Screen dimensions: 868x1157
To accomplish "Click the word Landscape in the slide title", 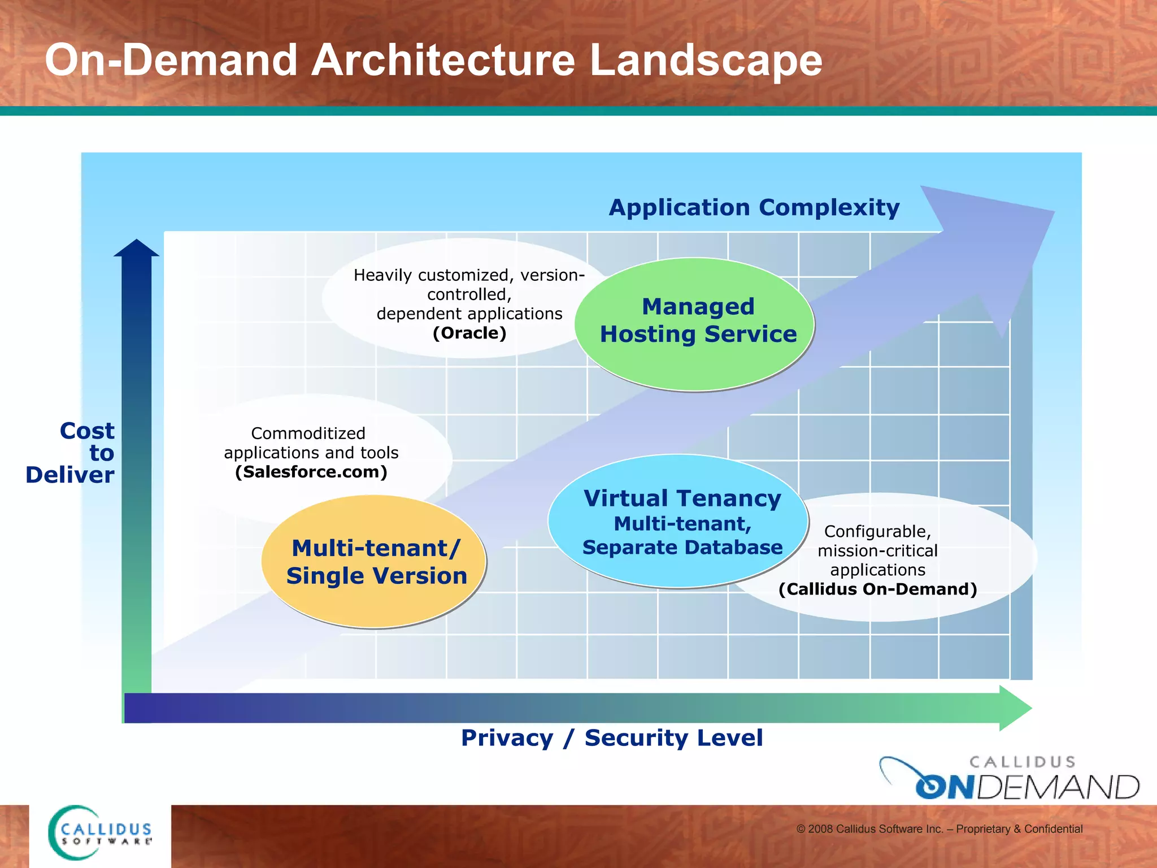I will pos(705,60).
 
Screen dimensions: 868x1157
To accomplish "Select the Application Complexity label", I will pos(754,207).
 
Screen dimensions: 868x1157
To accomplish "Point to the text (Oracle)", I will pos(469,333).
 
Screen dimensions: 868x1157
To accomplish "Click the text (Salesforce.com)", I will pos(311,472).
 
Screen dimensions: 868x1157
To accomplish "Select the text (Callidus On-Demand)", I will pos(877,589).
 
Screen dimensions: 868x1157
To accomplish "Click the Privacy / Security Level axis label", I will pos(611,737).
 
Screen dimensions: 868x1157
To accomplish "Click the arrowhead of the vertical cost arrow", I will pos(137,249).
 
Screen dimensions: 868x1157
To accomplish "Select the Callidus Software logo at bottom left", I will pos(100,833).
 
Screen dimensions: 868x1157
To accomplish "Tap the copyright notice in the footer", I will pos(939,829).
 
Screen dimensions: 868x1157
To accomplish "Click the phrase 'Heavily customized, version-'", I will pos(469,275).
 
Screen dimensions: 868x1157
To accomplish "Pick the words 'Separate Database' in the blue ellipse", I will pos(682,547).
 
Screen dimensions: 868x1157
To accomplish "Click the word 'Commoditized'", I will pos(308,433).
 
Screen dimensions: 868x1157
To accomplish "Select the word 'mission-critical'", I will pos(877,550).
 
